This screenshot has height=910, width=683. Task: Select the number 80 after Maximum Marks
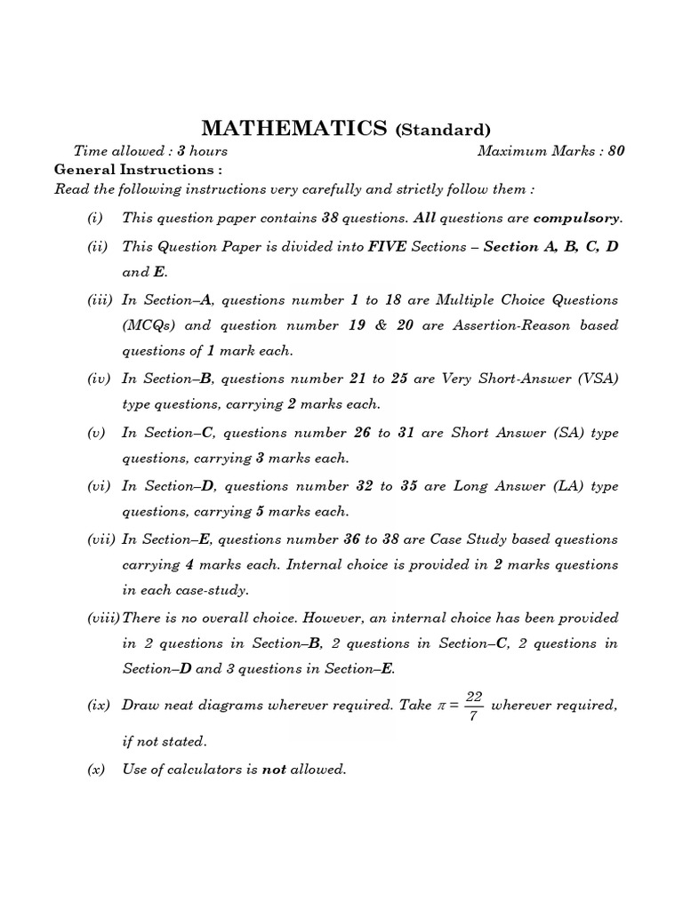(x=616, y=151)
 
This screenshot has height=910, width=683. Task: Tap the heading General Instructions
(x=138, y=169)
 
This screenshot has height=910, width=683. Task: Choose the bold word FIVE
(x=387, y=246)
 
